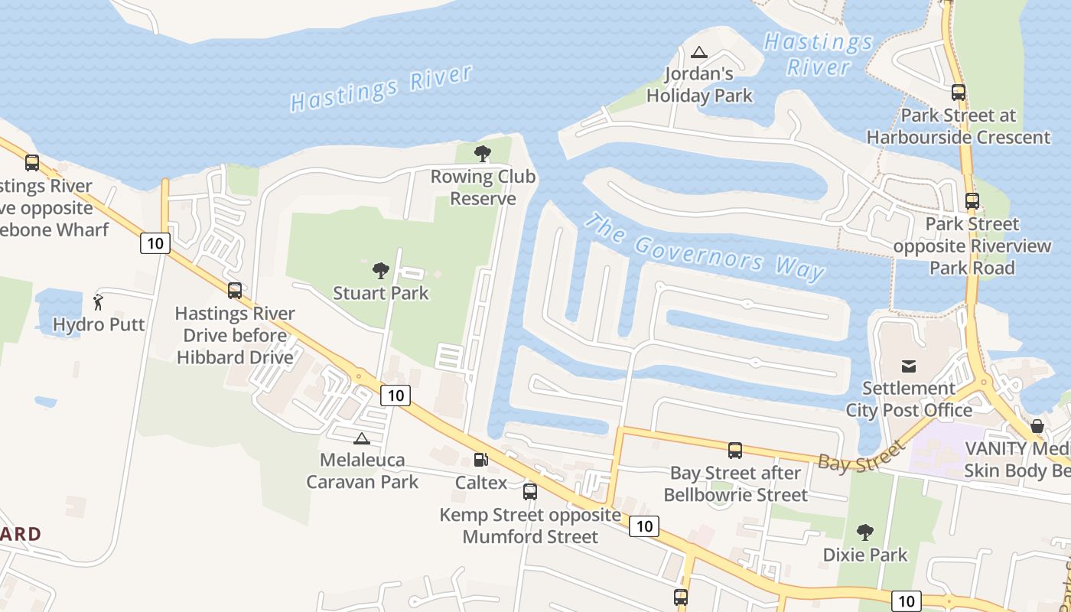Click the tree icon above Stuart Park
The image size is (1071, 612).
tap(380, 270)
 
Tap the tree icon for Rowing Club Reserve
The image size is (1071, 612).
tap(482, 154)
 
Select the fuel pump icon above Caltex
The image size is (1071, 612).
tap(480, 460)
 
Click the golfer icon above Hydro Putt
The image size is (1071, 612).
tap(98, 301)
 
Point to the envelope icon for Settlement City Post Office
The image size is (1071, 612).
tap(908, 366)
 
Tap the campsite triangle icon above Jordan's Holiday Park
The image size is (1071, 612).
tap(698, 53)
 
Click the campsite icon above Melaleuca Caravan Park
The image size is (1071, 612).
tap(361, 438)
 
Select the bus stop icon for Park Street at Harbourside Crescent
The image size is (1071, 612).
tap(958, 93)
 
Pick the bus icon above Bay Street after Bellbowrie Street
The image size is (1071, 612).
tap(735, 451)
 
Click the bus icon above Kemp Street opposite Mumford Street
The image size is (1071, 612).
tap(529, 492)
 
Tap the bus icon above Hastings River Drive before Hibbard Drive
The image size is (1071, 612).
tap(234, 291)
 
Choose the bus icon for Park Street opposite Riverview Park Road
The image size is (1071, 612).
tap(972, 201)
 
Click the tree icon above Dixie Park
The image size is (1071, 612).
tap(864, 532)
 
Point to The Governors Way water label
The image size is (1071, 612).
tap(705, 246)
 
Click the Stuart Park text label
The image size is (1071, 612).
tap(381, 293)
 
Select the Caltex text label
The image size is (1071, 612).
tap(481, 483)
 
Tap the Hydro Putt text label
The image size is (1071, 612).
tap(99, 324)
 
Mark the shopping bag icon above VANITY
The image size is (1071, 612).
tap(1037, 426)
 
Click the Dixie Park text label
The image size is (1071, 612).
tap(865, 555)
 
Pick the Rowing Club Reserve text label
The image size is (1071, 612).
tap(483, 187)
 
